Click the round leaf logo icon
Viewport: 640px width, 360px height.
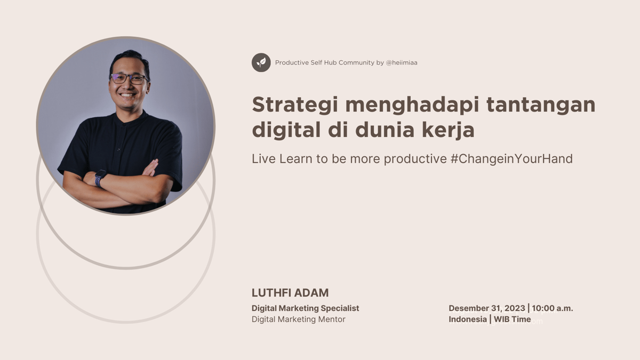261,62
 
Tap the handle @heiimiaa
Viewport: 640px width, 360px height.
402,62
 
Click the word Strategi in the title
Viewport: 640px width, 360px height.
295,105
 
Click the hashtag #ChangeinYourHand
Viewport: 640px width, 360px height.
511,158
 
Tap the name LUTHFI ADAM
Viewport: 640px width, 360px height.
290,293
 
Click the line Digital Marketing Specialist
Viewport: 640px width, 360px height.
305,308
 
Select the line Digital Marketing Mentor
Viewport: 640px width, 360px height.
299,319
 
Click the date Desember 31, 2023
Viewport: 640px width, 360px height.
487,308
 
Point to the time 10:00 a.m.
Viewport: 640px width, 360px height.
553,308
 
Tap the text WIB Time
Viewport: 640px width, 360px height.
512,319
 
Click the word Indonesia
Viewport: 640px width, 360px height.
468,319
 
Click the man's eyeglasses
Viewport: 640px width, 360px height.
129,78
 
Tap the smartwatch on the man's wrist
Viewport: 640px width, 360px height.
99,178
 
